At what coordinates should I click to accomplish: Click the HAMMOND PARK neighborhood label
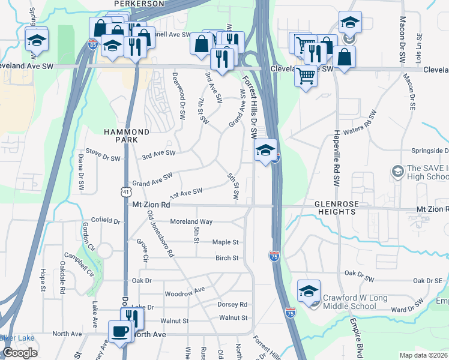tap(126, 135)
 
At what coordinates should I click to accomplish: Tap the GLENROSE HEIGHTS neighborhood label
tap(337, 208)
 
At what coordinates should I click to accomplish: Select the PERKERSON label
tap(139, 4)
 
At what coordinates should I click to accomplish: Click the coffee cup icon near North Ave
tap(120, 331)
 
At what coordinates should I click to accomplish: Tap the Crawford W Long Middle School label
tap(358, 301)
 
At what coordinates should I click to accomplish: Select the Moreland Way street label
tap(191, 221)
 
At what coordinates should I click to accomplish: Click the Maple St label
tap(226, 242)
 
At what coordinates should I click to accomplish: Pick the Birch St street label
tap(227, 258)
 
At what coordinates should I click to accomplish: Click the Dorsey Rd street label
tap(233, 304)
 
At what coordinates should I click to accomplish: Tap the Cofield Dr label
tap(106, 221)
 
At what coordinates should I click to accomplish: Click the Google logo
tap(20, 353)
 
